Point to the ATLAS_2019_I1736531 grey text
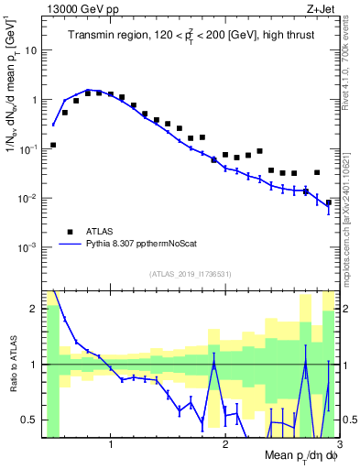(x=191, y=274)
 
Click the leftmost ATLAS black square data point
(x=53, y=145)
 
